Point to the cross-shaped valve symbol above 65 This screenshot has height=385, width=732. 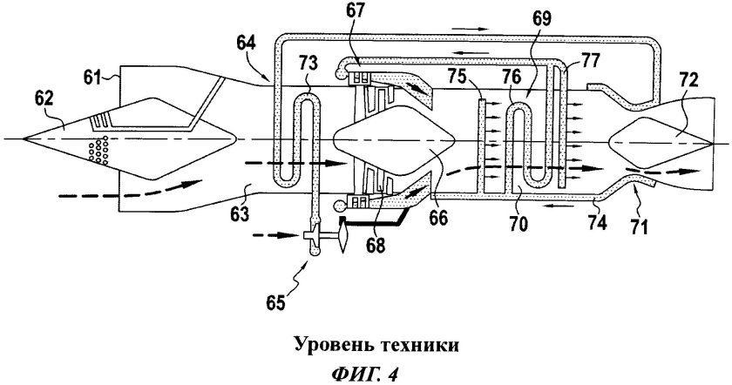coord(311,234)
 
